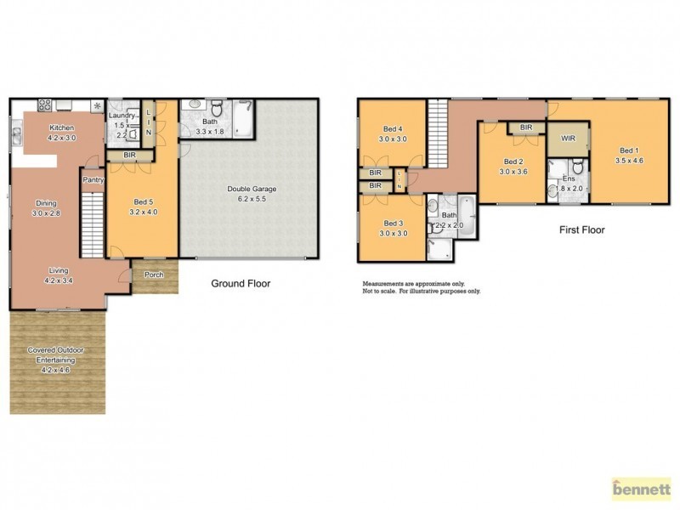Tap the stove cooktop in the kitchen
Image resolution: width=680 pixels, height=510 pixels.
[44, 106]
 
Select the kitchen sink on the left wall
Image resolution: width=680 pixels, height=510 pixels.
[16, 132]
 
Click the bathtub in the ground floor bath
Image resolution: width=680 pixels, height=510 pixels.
[245, 119]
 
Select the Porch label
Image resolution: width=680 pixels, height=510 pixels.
[154, 274]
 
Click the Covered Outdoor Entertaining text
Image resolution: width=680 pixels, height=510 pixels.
[56, 354]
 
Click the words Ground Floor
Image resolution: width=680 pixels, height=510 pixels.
[241, 283]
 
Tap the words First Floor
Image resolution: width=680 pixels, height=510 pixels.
[581, 229]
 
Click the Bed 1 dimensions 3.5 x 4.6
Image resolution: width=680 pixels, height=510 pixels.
[628, 159]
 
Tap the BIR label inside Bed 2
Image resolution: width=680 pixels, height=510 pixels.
[525, 127]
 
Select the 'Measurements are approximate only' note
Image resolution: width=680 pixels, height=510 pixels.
[415, 283]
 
